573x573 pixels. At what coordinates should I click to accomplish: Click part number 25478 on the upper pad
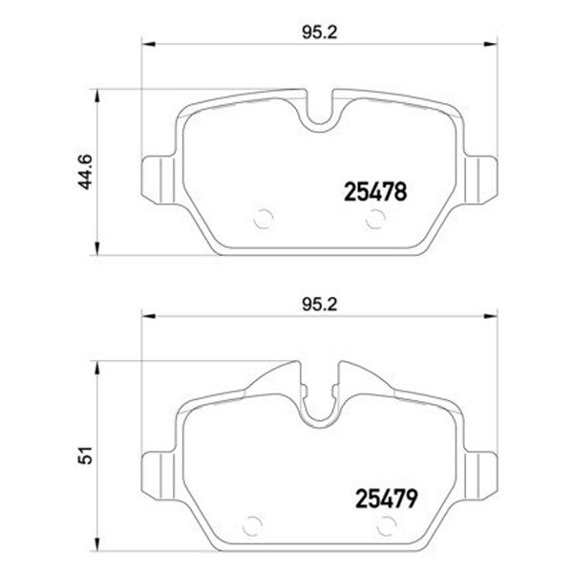coord(375,192)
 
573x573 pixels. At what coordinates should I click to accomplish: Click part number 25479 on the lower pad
coord(386,499)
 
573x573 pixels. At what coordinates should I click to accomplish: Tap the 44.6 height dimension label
coord(85,172)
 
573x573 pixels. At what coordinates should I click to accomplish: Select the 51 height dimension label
coord(85,455)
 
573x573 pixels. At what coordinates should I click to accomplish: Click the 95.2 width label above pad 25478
coord(319,33)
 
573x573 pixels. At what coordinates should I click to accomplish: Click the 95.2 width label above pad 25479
coord(319,305)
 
